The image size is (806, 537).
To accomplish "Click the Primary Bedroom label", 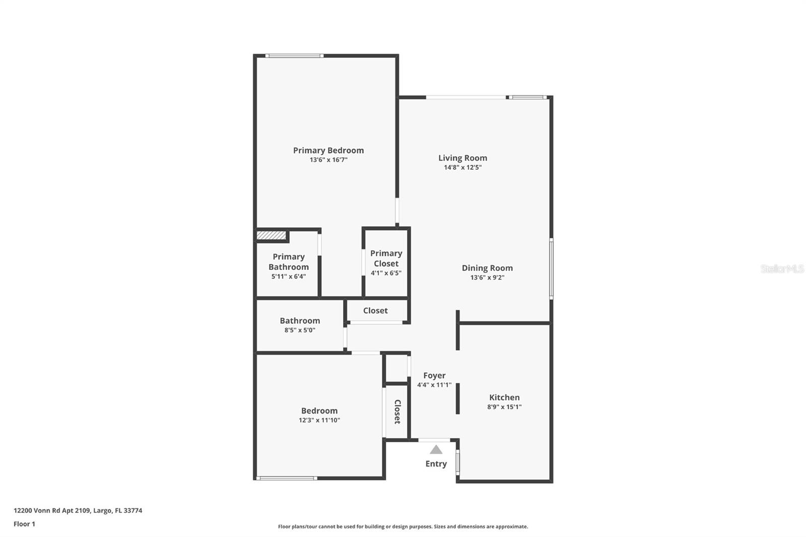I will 328,150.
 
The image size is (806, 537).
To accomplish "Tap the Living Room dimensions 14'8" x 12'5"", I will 462,167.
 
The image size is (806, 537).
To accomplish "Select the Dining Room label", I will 487,268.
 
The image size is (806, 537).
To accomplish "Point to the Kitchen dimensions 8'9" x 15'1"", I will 504,407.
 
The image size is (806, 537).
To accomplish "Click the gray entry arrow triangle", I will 436,449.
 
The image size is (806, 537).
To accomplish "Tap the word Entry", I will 436,464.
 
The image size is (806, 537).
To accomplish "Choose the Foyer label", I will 434,375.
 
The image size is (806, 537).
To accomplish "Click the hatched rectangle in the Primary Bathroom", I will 271,235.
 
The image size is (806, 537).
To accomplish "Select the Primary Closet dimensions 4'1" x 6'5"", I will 386,273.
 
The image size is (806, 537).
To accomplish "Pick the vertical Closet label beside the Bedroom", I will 397,412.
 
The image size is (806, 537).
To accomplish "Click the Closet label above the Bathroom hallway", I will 375,311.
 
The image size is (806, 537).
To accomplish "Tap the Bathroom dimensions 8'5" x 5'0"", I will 300,330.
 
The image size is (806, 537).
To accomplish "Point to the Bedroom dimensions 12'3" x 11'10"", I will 319,420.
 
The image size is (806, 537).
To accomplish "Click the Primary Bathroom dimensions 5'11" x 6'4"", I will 289,277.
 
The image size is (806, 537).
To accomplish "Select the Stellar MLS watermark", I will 782,269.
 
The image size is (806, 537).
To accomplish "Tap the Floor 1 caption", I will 24,524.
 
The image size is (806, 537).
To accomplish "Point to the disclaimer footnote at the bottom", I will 403,526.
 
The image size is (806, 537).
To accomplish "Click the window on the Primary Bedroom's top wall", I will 294,56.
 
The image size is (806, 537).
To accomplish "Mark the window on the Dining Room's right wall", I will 551,269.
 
